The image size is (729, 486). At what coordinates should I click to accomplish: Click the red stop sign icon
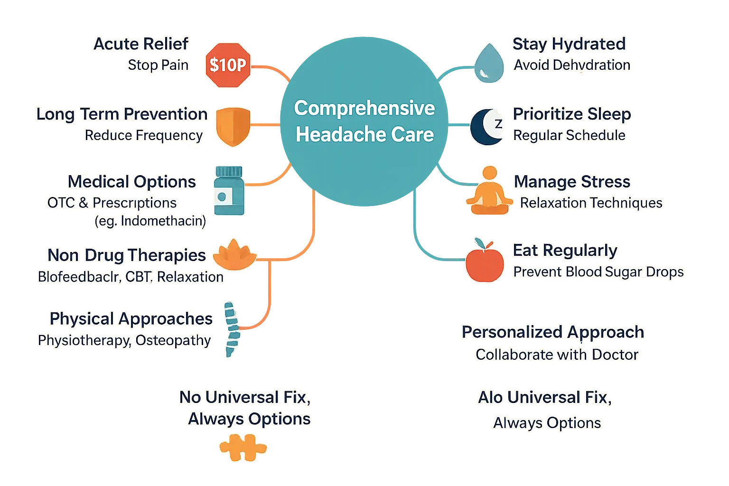(228, 65)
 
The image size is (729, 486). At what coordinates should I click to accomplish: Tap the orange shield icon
(233, 126)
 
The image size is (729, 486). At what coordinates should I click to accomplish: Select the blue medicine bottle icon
(229, 191)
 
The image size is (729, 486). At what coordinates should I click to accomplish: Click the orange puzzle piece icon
(242, 448)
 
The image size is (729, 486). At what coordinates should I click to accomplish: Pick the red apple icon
(485, 262)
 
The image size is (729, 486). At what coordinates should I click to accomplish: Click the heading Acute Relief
(141, 44)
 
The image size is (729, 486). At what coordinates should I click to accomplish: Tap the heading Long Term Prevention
(122, 114)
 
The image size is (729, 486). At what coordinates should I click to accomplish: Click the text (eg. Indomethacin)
(150, 221)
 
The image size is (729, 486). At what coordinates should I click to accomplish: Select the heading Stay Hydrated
(569, 44)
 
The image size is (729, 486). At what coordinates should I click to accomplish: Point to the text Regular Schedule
(569, 135)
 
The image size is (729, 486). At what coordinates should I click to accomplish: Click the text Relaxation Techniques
(591, 203)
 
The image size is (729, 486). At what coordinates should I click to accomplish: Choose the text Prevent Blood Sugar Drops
(598, 271)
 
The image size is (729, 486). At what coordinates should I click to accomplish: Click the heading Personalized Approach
(553, 332)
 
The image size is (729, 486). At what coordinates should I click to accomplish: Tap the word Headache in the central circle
(334, 135)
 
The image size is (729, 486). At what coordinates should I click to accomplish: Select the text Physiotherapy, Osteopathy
(124, 340)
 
